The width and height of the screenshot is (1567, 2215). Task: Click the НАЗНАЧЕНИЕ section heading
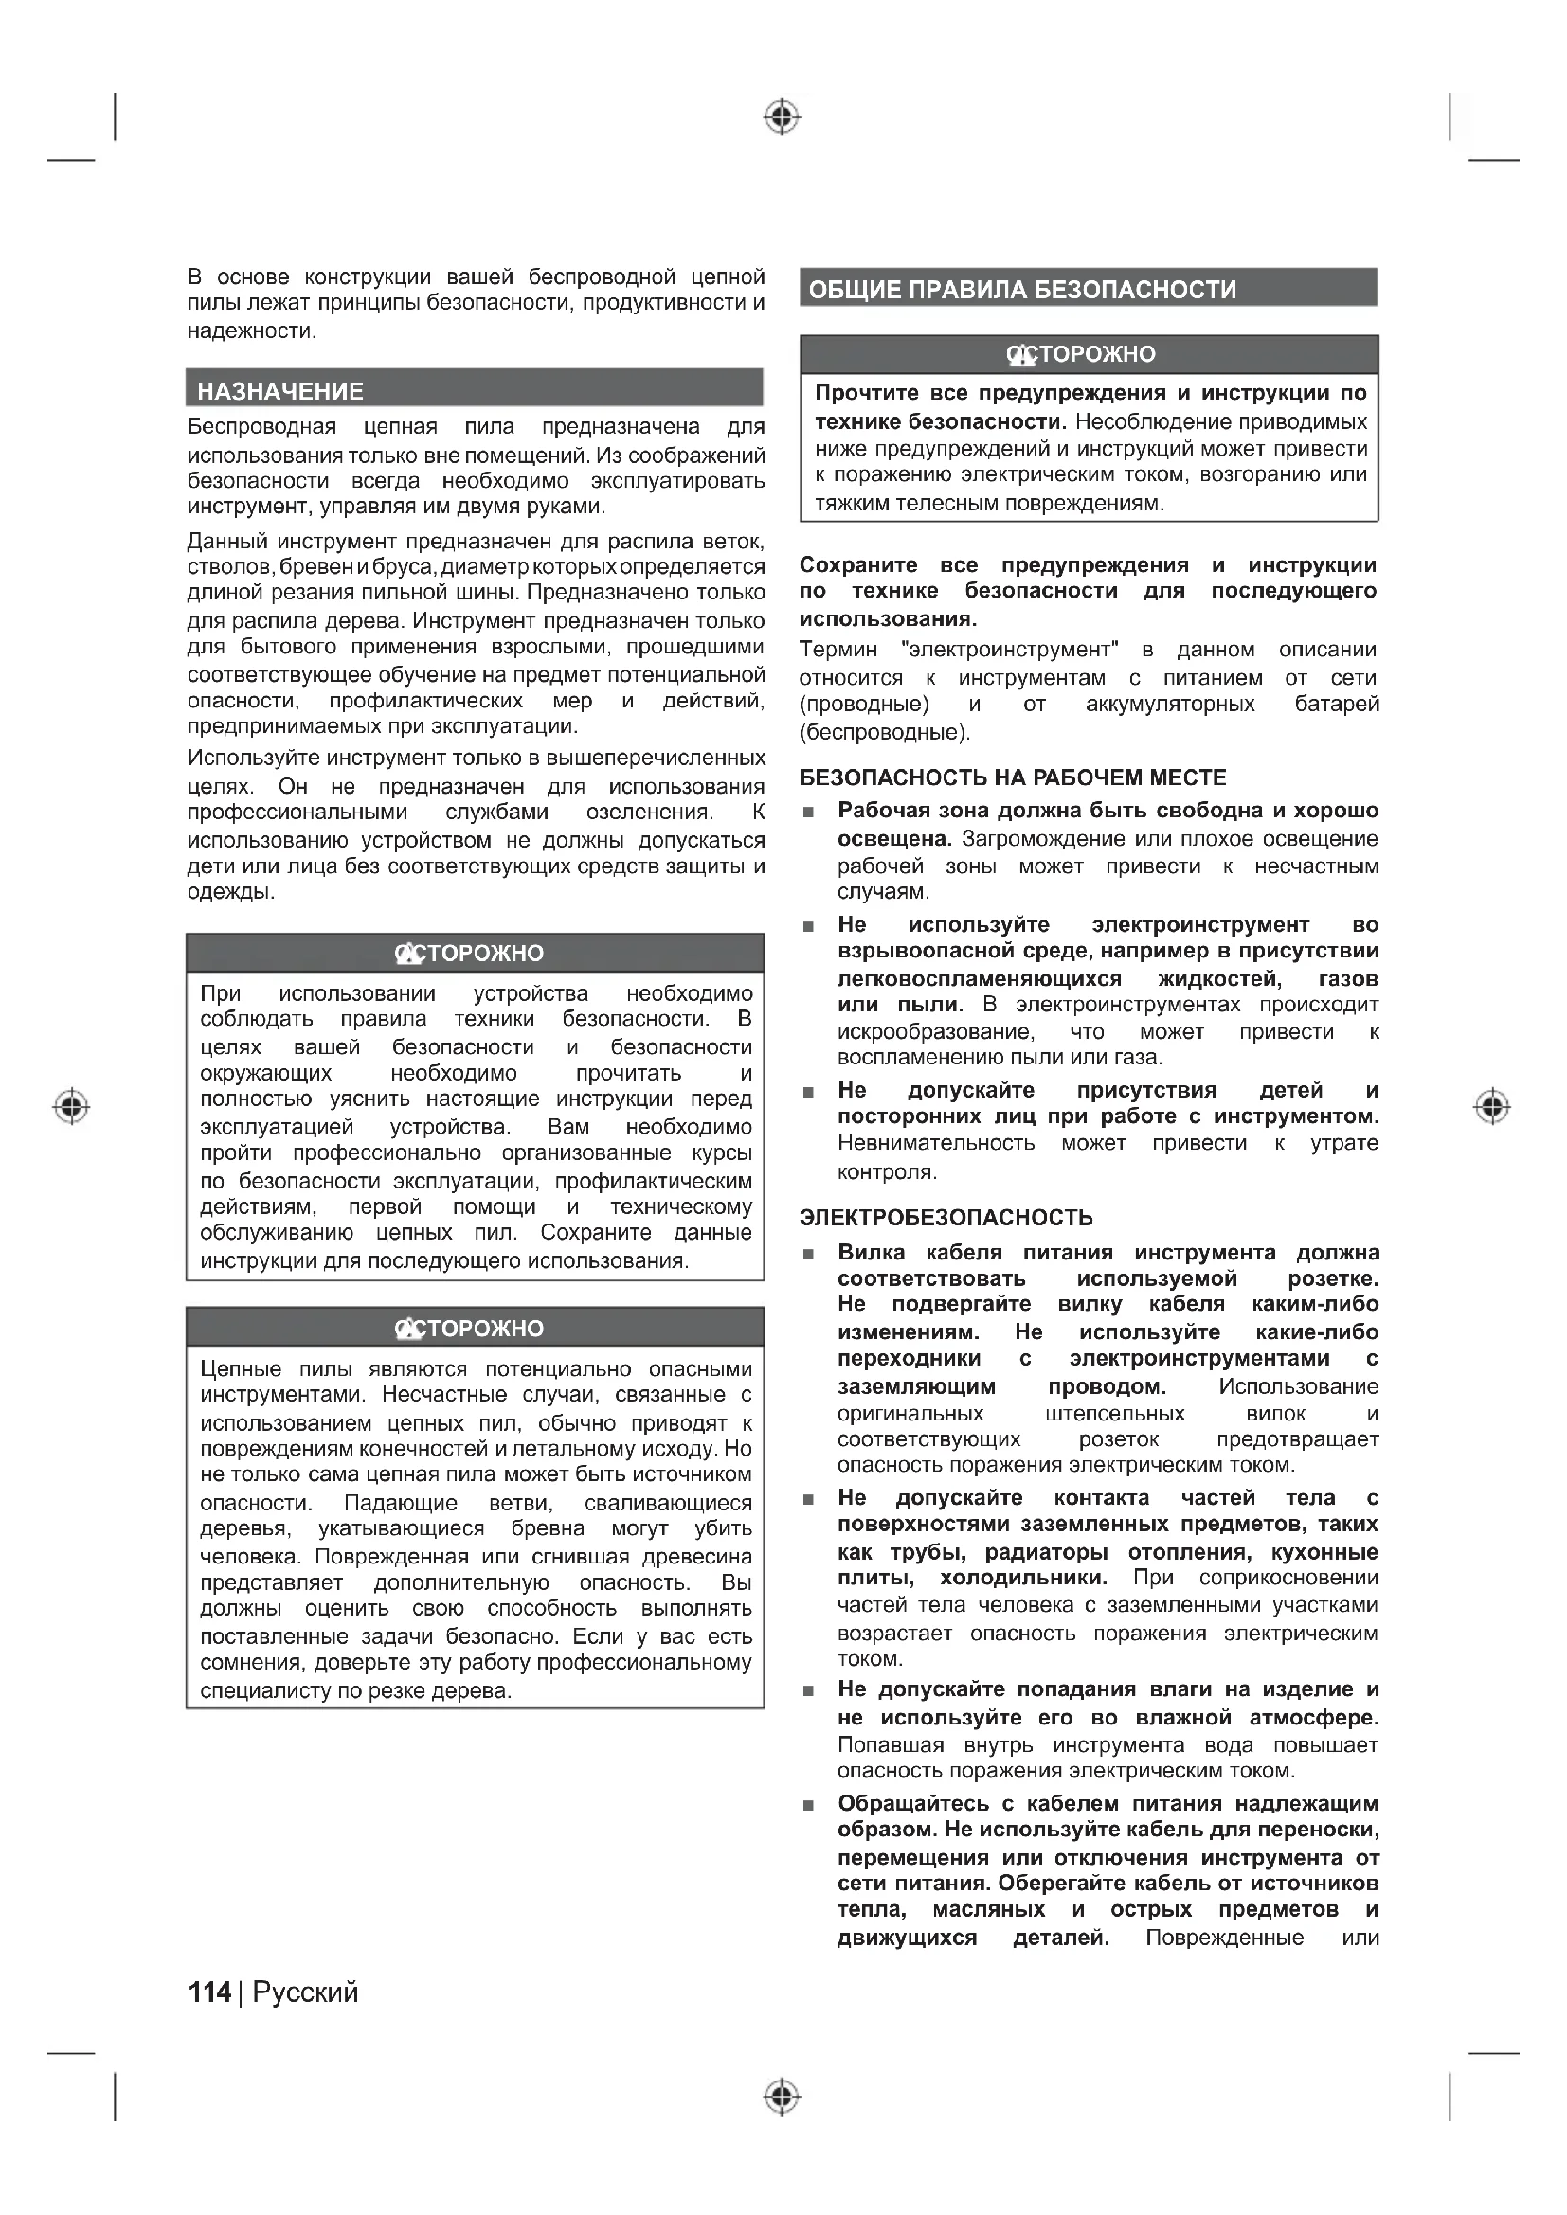[x=279, y=391]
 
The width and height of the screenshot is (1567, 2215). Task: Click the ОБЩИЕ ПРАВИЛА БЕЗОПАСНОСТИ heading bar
[x=1022, y=290]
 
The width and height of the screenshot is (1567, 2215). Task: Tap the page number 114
[x=209, y=1992]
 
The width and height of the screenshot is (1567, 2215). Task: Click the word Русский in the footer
[x=305, y=1992]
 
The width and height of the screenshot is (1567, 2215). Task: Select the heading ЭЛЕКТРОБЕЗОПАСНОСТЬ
[x=946, y=1218]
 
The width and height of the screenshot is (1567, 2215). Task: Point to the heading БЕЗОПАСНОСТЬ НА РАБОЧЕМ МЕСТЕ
[x=1012, y=777]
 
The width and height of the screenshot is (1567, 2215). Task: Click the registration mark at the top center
[x=782, y=117]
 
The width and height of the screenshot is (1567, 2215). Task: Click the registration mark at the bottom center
[x=782, y=2097]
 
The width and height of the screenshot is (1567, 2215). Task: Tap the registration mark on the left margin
[x=71, y=1105]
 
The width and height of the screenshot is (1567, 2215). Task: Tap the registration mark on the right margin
[x=1492, y=1105]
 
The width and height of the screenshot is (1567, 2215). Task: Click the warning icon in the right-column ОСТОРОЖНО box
[x=1021, y=355]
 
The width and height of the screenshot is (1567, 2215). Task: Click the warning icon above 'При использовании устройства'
[x=409, y=954]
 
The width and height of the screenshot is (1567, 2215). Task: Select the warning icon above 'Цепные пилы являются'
[x=409, y=1329]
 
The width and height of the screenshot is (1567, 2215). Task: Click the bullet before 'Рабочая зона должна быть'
[x=808, y=813]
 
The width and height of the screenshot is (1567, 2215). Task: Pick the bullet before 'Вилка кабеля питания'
[x=808, y=1254]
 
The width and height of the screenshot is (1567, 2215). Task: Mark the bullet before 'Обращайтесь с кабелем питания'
[x=808, y=1805]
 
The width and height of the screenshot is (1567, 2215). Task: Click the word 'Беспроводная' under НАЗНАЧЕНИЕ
[x=261, y=426]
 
